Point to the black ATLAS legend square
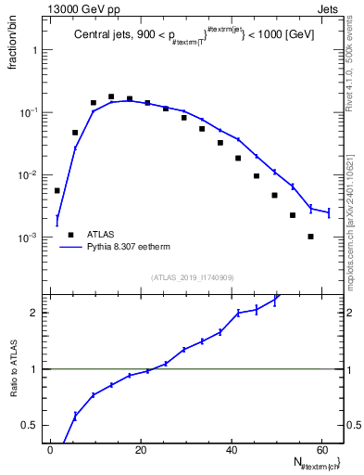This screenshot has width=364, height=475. click(x=69, y=235)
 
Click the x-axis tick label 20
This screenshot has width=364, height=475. click(x=141, y=450)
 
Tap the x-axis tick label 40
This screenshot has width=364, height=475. click(x=231, y=450)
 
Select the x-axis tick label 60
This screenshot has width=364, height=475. click(x=320, y=450)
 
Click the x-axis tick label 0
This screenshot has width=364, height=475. click(x=51, y=450)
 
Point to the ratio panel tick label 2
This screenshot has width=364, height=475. click(x=33, y=313)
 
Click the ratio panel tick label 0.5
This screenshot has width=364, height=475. click(x=30, y=425)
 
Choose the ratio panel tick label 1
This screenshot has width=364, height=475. click(x=33, y=369)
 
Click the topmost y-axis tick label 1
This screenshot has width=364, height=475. click(x=34, y=50)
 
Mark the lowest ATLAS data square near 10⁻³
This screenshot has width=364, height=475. click(x=311, y=237)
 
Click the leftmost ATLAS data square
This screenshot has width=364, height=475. click(x=57, y=190)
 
